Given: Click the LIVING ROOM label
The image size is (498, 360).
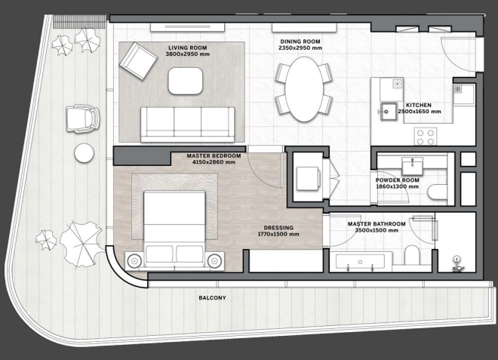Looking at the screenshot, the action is click(187, 48).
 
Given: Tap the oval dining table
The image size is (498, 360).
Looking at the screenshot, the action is click(304, 89).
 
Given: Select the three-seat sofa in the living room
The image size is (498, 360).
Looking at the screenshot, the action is click(187, 125).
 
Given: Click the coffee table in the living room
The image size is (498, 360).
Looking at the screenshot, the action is click(186, 81).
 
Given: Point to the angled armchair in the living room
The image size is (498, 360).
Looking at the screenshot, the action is click(138, 61).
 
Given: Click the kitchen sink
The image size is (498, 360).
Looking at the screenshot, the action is click(389, 112).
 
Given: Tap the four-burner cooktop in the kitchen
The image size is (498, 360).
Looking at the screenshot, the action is click(426, 137).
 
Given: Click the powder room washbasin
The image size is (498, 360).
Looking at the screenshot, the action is click(412, 165).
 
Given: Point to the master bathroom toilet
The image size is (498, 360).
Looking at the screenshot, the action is click(413, 254).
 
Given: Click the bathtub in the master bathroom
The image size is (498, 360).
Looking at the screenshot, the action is click(361, 263).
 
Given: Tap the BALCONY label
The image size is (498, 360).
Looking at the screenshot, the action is click(213, 298).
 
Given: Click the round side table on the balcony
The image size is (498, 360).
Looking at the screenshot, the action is click(85, 153).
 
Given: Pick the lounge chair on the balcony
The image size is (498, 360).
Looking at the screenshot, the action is click(82, 118).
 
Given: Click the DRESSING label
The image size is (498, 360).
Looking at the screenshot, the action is click(278, 228).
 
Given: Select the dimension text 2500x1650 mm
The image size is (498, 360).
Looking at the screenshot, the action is click(420, 112).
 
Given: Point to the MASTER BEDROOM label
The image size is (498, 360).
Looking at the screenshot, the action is click(214, 156).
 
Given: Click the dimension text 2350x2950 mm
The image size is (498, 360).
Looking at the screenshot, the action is click(300, 48).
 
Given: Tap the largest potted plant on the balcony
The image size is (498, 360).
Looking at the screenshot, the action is click(82, 244).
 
